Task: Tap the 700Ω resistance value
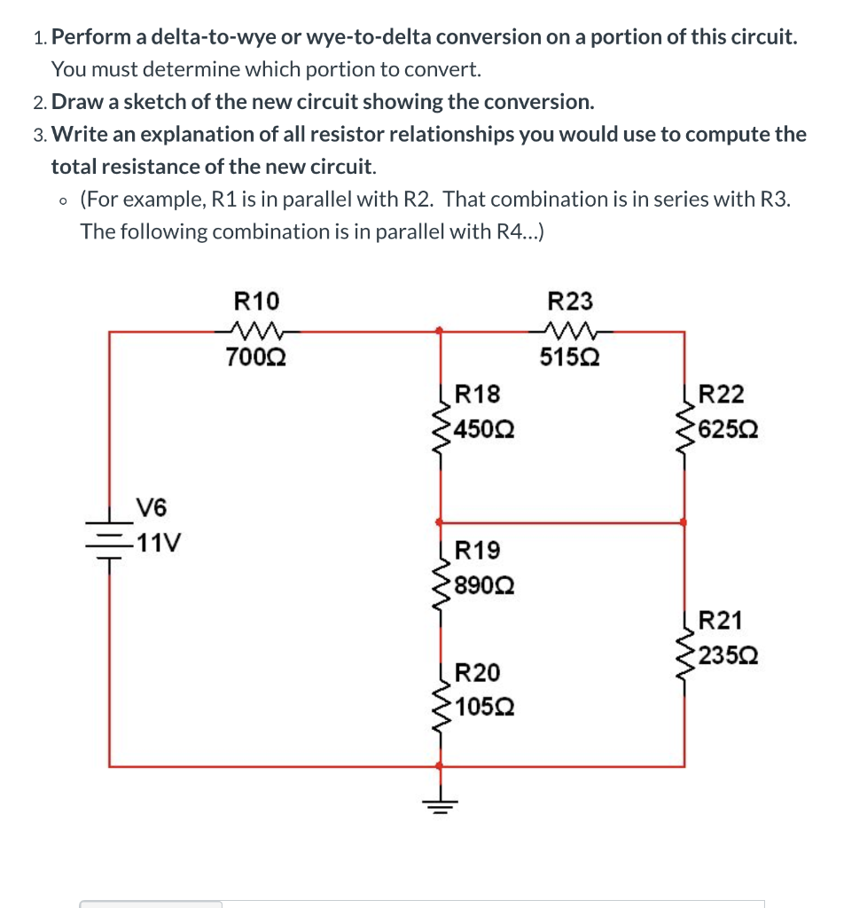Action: [x=255, y=358]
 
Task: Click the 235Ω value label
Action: [x=728, y=657]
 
